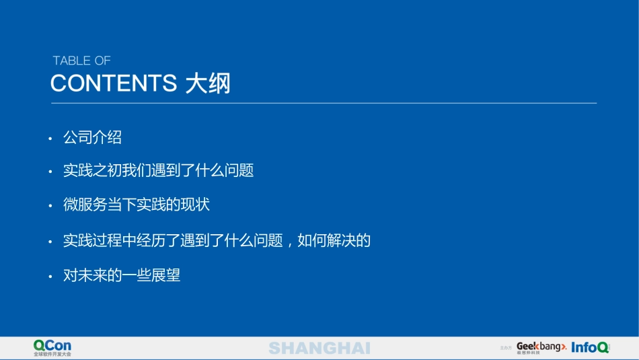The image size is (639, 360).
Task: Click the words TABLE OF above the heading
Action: pos(81,61)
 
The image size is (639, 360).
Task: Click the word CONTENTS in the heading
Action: pos(113,83)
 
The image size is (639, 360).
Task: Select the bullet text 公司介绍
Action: pos(92,138)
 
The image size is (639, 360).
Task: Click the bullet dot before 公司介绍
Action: pos(50,139)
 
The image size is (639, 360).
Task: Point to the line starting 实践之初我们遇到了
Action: pos(158,171)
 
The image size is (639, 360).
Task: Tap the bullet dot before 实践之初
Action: pos(50,172)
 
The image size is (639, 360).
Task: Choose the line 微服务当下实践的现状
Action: pos(137,205)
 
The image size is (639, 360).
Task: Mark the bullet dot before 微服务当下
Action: pos(50,207)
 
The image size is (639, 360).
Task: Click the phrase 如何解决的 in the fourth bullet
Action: pos(334,240)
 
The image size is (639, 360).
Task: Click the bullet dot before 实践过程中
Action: pos(50,242)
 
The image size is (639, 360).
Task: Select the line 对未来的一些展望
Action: pos(122,275)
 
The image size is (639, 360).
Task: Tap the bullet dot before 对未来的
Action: pos(50,277)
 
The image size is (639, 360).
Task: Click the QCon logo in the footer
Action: pos(52,345)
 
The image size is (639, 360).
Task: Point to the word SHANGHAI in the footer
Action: pos(319,348)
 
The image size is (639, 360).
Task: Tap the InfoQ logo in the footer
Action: pos(590,347)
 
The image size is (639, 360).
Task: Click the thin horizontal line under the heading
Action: pos(324,103)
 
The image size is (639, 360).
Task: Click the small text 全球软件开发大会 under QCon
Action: pos(52,354)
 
